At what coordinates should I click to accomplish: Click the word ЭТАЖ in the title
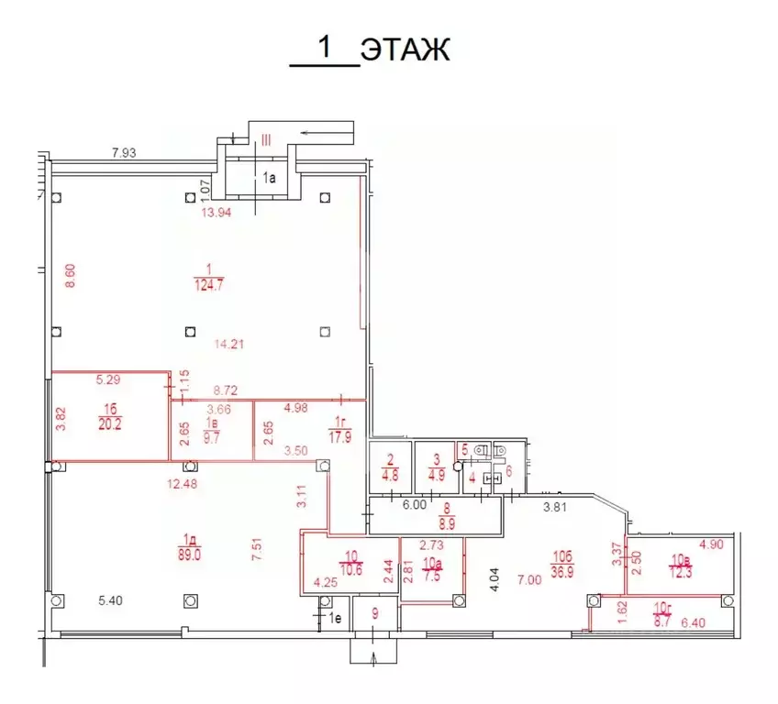click(405, 49)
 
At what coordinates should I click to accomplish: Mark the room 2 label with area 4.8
click(389, 467)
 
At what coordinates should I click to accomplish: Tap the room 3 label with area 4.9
click(435, 467)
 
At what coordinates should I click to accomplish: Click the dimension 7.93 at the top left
click(124, 153)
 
